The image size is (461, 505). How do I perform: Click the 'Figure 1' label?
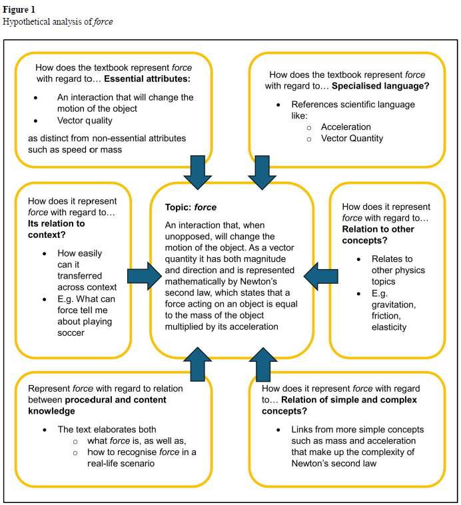pyautogui.click(x=20, y=10)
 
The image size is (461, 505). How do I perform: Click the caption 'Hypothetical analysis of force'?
pyautogui.click(x=58, y=21)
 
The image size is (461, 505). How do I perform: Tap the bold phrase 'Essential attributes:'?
pyautogui.click(x=148, y=79)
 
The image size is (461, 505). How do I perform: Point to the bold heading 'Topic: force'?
pyautogui.click(x=191, y=207)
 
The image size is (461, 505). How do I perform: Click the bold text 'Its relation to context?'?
pyautogui.click(x=57, y=230)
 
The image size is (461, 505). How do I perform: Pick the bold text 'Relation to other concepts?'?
pyautogui.click(x=378, y=235)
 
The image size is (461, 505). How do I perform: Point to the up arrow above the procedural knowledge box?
pyautogui.click(x=199, y=365)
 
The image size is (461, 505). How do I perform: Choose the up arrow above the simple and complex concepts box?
pyautogui.click(x=262, y=365)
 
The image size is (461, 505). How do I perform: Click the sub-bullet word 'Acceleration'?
pyautogui.click(x=346, y=127)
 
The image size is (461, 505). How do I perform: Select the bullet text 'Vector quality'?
pyautogui.click(x=85, y=121)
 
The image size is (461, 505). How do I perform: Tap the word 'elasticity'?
pyautogui.click(x=389, y=327)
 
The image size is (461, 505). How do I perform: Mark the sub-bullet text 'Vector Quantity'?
pyautogui.click(x=352, y=139)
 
